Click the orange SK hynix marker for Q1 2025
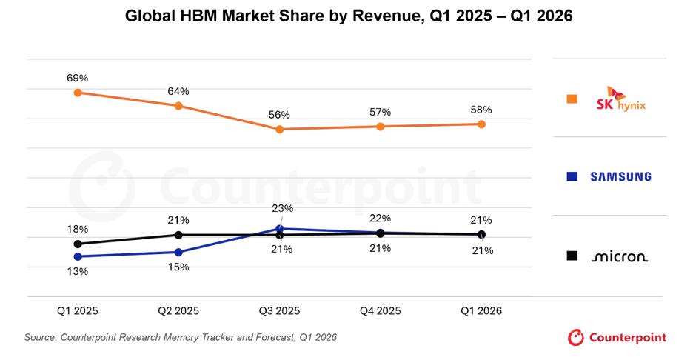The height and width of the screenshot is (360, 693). point(78,93)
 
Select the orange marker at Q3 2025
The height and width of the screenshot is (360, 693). point(279,129)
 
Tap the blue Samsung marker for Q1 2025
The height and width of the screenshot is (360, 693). point(78,256)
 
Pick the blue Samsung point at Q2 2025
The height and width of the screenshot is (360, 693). point(178,252)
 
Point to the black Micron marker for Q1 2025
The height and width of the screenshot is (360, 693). point(78,244)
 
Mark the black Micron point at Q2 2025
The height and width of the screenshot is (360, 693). point(178,235)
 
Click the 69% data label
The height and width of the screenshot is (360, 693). point(77,79)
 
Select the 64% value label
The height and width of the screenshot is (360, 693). point(178,92)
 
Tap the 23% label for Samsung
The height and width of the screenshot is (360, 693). point(282,208)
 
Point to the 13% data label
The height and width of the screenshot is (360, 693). point(77,272)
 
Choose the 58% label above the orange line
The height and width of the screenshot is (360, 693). point(481,110)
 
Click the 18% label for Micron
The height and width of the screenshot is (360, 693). point(77,229)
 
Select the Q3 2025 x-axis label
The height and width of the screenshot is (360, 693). point(279,311)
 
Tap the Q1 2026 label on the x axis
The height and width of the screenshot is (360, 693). point(481,311)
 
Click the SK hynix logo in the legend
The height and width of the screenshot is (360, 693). point(621,99)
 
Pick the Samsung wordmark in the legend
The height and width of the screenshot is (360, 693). point(621,176)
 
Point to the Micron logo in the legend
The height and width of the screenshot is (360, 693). point(620,256)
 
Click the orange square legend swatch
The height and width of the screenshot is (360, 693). point(572,99)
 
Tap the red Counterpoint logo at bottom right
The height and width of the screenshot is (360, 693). point(617,338)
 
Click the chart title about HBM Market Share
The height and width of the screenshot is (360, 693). point(349,16)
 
